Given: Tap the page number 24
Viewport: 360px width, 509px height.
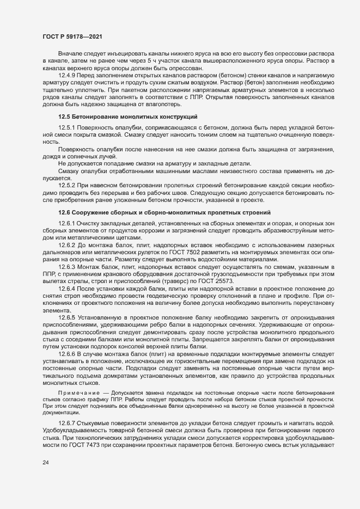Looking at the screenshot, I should (46, 463).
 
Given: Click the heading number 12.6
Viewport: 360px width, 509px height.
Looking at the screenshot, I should (65, 212).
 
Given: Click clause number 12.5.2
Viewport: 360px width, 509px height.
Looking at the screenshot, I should (68, 186).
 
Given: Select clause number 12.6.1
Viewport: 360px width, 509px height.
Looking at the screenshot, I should (68, 223).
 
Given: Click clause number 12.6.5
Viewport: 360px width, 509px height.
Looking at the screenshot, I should (68, 317).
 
